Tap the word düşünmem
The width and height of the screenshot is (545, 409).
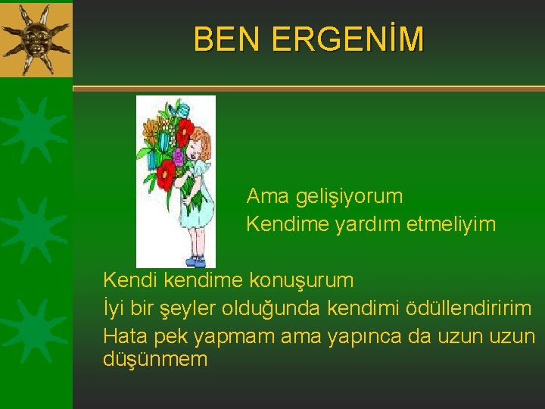coord(154,359)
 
